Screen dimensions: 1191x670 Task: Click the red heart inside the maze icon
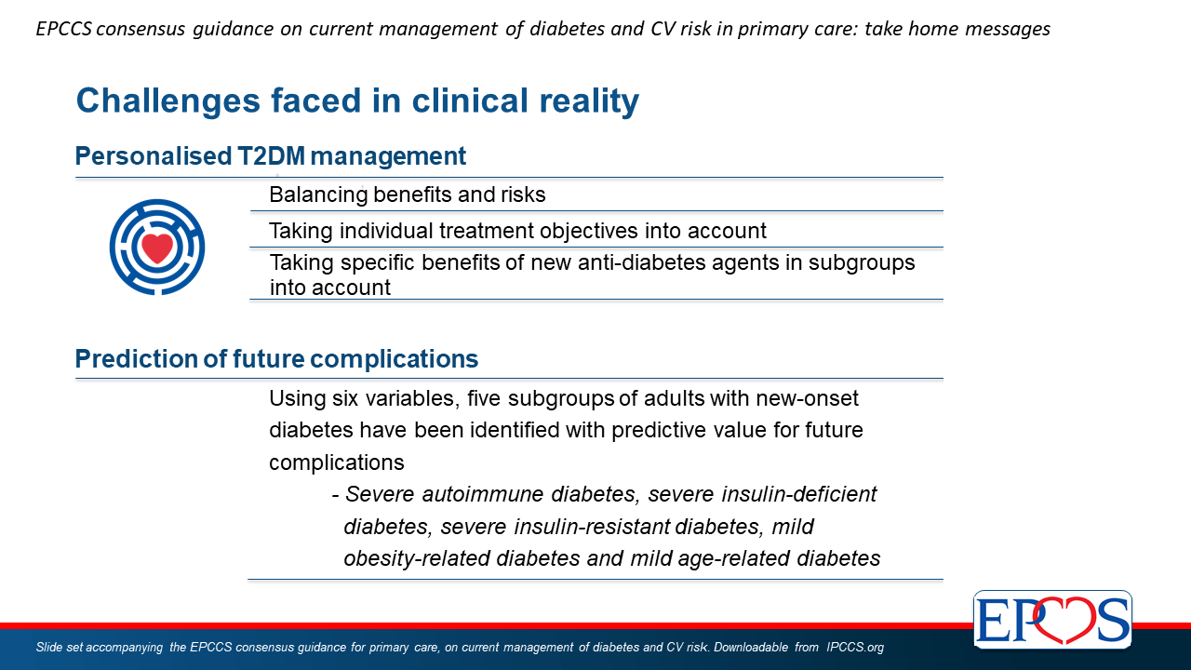point(157,248)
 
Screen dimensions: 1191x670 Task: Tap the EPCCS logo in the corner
point(1052,620)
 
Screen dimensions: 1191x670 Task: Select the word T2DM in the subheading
point(271,156)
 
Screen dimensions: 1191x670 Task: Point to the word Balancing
point(318,195)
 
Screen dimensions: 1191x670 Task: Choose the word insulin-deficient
point(798,494)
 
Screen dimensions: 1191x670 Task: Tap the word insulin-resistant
point(592,527)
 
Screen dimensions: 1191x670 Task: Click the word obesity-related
point(416,559)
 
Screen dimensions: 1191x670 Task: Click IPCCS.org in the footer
point(855,647)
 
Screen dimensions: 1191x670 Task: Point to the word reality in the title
point(589,102)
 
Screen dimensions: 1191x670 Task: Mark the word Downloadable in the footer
point(751,647)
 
